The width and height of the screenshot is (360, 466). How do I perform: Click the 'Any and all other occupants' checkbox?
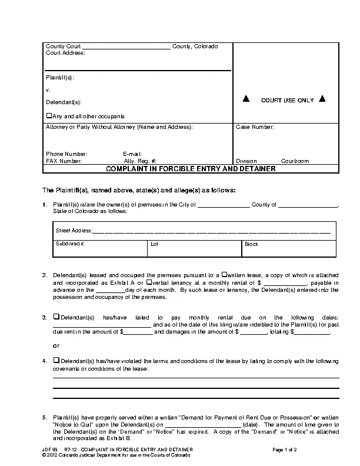pos(49,116)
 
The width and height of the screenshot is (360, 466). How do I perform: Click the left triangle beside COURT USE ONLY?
pos(246,99)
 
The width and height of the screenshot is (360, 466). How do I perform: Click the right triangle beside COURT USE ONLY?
pos(322,99)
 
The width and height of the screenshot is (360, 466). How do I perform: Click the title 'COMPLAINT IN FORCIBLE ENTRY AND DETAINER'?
pos(191,169)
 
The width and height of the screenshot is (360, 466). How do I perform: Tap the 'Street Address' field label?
pos(74,231)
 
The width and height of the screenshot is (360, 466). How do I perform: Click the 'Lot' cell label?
pos(154,243)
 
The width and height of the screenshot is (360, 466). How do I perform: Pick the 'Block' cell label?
pos(251,243)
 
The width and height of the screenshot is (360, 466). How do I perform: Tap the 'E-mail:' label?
pos(132,154)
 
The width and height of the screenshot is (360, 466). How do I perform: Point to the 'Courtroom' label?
pos(295,161)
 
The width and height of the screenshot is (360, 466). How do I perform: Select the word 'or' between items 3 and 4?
pos(56,345)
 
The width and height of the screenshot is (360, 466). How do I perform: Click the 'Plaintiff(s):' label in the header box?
pos(59,78)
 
